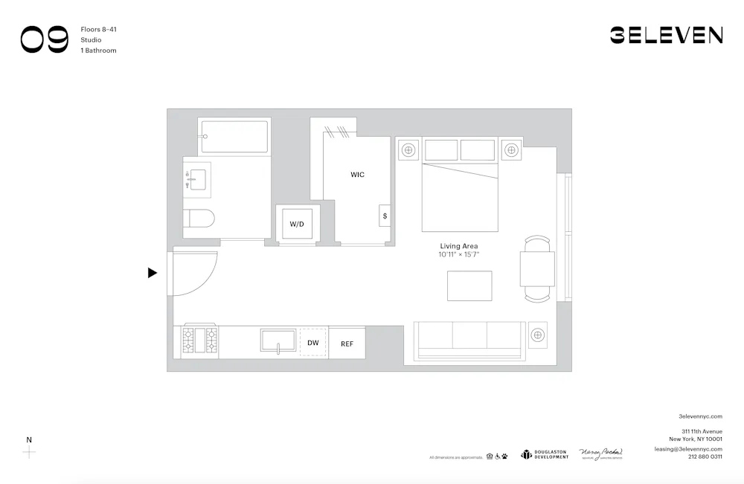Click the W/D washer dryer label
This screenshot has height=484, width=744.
pos(297,223)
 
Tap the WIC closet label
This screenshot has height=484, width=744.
pos(357,175)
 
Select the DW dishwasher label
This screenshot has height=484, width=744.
pos(313,343)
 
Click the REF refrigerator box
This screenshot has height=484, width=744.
pos(347,343)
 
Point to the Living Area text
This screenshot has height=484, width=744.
pos(458,246)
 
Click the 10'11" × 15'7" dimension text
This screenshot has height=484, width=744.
pos(458,255)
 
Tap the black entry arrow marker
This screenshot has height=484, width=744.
pos(153,273)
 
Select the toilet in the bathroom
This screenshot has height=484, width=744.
pos(199,218)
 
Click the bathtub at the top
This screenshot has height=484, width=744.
pos(234,137)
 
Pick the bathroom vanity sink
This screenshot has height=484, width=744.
pos(197,179)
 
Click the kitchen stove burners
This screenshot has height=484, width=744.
pos(200,341)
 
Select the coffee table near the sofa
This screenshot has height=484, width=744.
pos(469,285)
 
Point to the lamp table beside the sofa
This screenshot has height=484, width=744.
pos(537,335)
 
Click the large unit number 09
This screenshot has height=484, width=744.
pos(45,39)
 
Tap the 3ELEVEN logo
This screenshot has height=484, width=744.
pos(666,35)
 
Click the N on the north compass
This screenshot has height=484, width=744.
pos(29,439)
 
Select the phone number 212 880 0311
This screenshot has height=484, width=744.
pos(705,456)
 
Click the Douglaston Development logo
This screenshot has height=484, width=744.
pos(545,454)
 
